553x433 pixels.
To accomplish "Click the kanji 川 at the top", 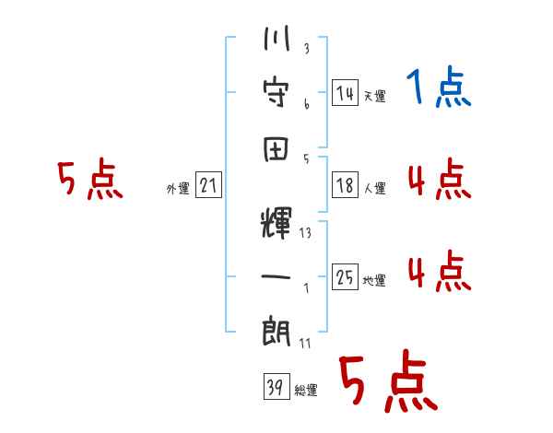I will (x=276, y=42).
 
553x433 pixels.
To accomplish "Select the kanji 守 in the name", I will (x=276, y=93).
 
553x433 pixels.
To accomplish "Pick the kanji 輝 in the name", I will (x=276, y=225).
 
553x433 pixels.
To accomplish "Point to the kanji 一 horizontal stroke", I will (x=276, y=275).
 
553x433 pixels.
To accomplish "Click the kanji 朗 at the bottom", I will (x=276, y=329).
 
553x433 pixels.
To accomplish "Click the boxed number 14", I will (x=345, y=93).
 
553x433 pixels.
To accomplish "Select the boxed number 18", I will (x=345, y=185).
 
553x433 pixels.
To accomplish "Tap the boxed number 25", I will (x=345, y=277).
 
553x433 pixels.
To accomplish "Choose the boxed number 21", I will (x=208, y=186).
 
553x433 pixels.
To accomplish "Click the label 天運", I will (x=374, y=96).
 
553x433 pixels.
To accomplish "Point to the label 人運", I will (x=374, y=188).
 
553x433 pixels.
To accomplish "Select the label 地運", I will (x=374, y=280).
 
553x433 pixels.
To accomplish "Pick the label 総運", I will (x=306, y=391).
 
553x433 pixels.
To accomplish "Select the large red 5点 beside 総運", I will (x=387, y=382).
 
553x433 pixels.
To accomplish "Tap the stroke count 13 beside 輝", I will (x=305, y=232).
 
